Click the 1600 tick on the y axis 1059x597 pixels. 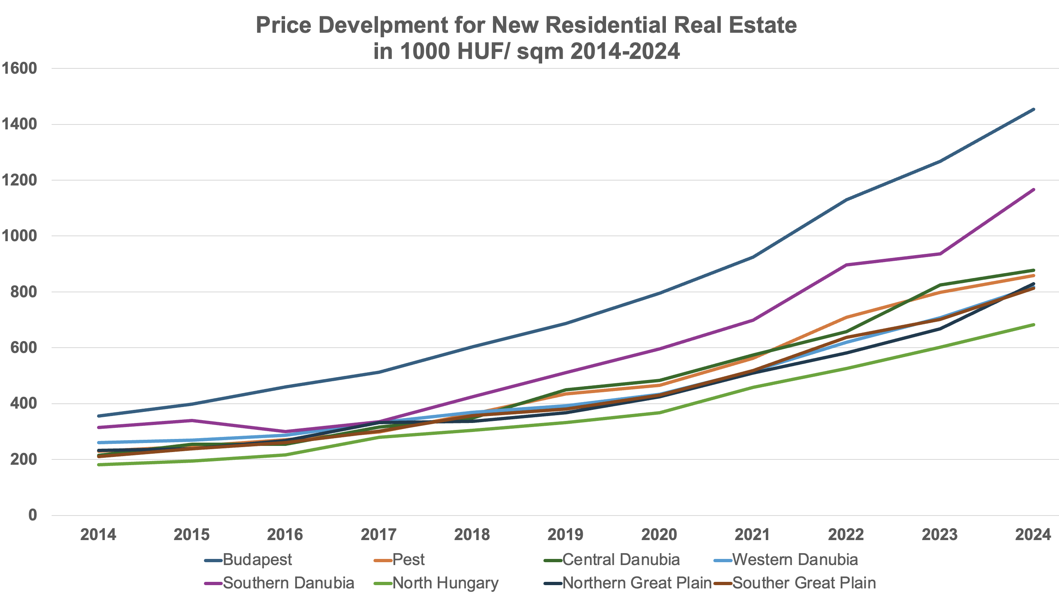tap(19, 68)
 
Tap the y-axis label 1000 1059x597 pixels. tap(19, 236)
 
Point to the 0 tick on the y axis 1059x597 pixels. tap(32, 515)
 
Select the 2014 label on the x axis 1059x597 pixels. tap(98, 534)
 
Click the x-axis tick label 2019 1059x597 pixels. tap(566, 534)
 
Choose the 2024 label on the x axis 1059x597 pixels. tap(1033, 534)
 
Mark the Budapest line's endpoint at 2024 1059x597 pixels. tap(1034, 109)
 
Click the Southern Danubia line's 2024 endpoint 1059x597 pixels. tap(1034, 190)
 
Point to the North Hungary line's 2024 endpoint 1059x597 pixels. tap(1034, 325)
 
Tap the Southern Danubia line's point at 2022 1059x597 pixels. tap(846, 265)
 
